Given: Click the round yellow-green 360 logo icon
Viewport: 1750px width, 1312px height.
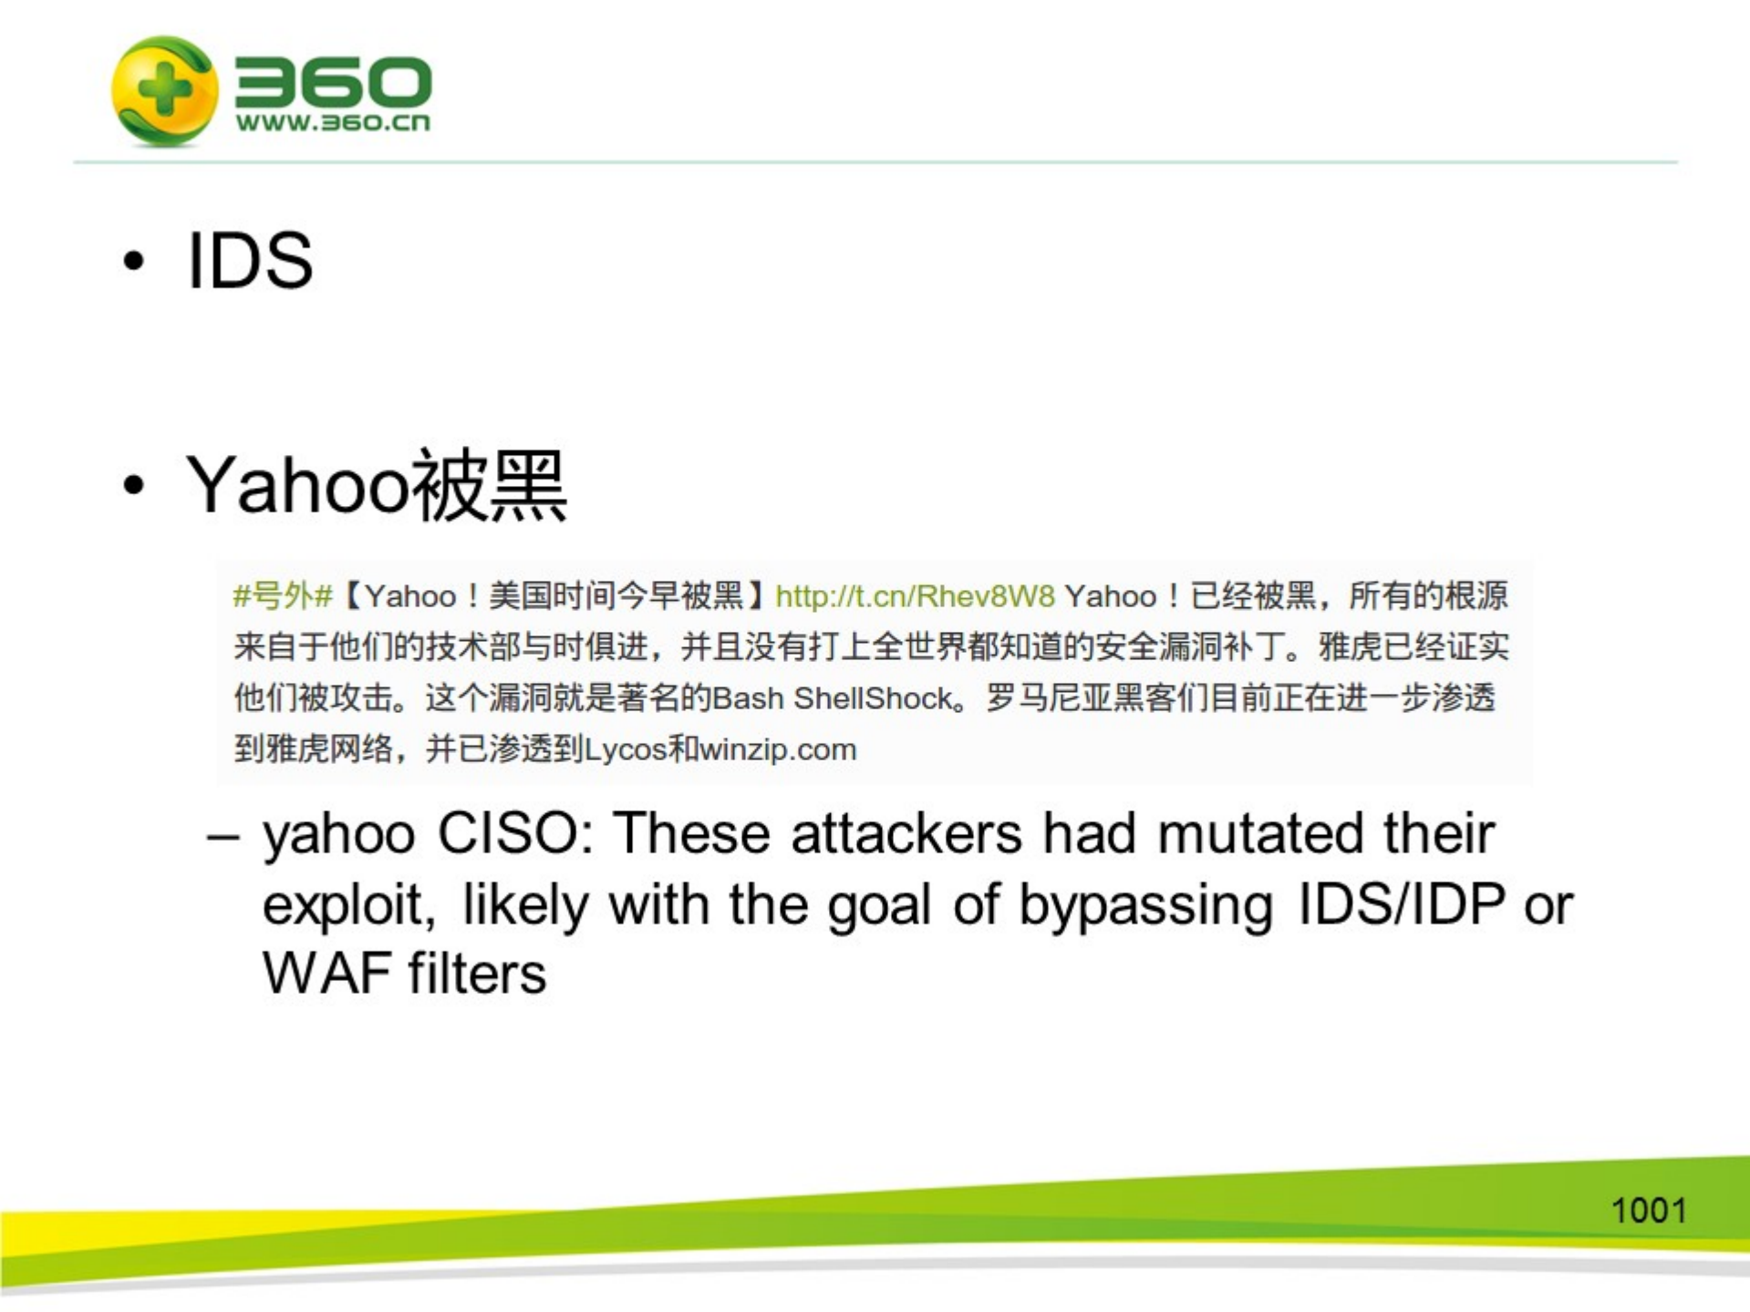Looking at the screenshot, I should pos(165,90).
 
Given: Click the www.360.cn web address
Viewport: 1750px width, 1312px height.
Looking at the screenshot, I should pos(333,122).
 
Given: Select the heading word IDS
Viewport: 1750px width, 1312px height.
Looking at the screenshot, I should pos(250,261).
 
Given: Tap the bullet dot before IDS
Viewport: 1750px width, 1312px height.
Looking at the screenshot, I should pos(134,262).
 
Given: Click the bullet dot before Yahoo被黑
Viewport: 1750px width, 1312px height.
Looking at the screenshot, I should pos(134,486).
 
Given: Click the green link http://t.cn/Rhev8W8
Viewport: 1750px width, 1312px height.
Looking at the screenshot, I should pos(915,596).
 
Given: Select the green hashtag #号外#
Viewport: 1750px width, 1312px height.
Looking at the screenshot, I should pos(283,596).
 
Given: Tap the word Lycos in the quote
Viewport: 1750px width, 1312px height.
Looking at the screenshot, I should pos(626,749).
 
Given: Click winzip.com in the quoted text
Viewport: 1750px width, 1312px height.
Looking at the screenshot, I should pos(778,749).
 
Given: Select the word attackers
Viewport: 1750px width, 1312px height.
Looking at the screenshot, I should pos(906,833).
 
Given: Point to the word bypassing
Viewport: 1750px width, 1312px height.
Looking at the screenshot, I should pos(1145,905).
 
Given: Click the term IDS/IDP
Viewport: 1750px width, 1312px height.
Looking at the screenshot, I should pos(1401,904).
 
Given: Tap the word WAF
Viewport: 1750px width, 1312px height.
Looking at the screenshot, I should pos(327,973).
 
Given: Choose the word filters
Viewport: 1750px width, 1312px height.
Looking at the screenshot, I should pos(477,973).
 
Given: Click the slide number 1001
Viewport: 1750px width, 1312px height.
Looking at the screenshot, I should pos(1648,1211).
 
